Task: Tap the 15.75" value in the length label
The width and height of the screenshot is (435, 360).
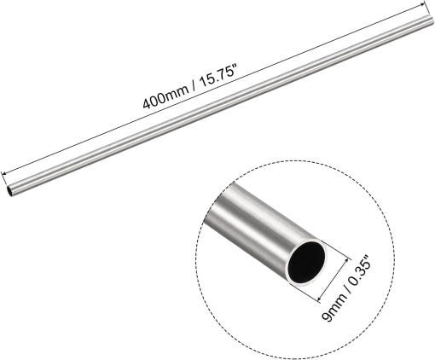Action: pyautogui.click(x=219, y=75)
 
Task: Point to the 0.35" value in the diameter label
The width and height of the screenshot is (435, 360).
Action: pyautogui.click(x=360, y=270)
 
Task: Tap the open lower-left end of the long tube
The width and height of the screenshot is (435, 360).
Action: pyautogui.click(x=9, y=190)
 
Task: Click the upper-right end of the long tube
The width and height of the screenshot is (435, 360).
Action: pyautogui.click(x=432, y=20)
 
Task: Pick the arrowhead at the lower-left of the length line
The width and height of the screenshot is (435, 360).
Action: pyautogui.click(x=3, y=173)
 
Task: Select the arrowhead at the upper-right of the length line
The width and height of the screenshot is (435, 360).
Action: pyautogui.click(x=425, y=3)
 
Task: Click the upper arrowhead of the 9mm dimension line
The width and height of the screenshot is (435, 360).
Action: pyautogui.click(x=346, y=259)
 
